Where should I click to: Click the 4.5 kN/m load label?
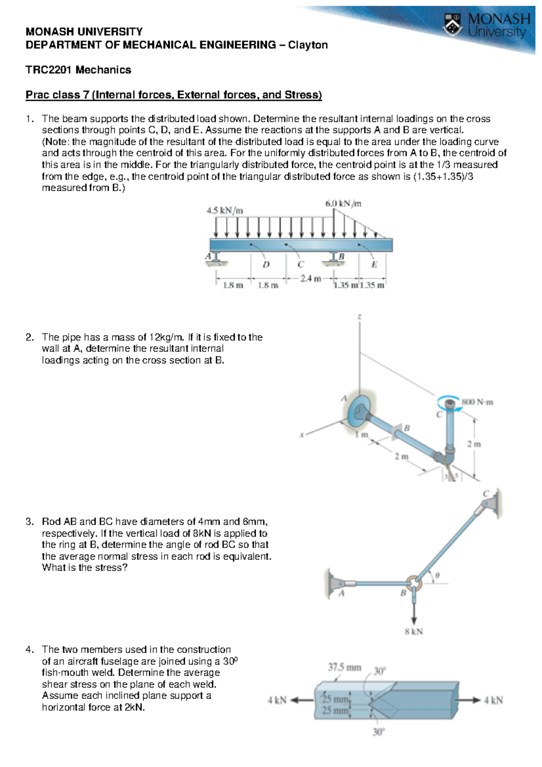pos(224,210)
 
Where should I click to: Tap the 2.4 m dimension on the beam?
pos(311,278)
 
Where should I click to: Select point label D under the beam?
pos(266,264)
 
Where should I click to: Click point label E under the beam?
pos(374,265)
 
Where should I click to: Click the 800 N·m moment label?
pos(477,402)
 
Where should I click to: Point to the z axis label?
pos(359,317)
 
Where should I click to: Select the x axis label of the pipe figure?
pos(301,435)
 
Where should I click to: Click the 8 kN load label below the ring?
pos(414,631)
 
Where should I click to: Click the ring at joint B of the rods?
pos(414,583)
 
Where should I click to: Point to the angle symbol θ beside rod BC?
pos(437,575)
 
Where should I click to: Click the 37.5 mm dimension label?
pos(344,667)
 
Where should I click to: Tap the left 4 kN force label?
pos(277,701)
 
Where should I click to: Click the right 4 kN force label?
pos(493,701)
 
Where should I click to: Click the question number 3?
pos(30,522)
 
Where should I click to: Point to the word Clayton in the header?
pos(308,45)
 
